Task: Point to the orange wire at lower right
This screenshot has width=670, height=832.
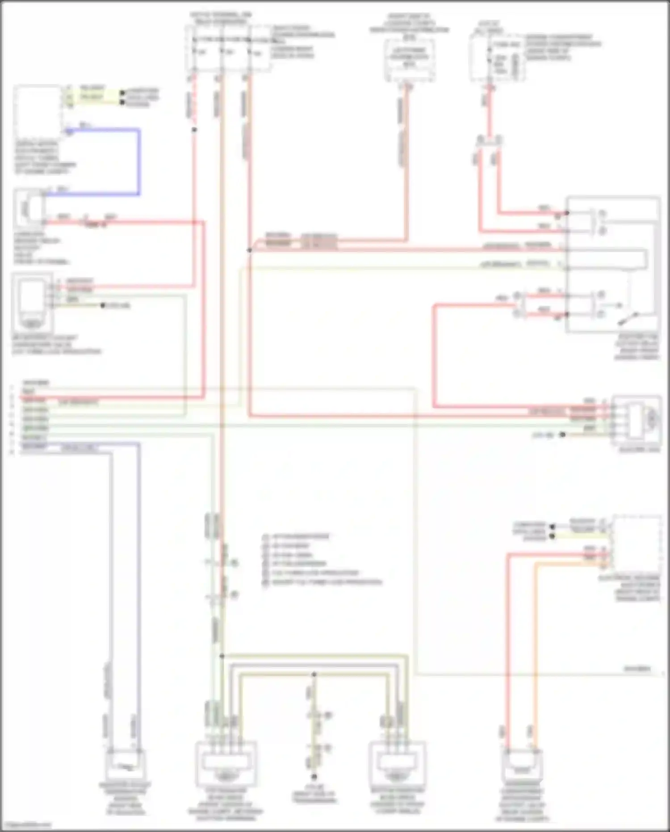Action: pos(536,648)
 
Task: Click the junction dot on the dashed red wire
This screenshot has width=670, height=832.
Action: pos(194,130)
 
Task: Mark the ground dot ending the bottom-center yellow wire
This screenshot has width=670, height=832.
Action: pos(314,777)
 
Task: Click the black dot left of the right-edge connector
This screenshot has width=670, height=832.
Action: pos(563,435)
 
